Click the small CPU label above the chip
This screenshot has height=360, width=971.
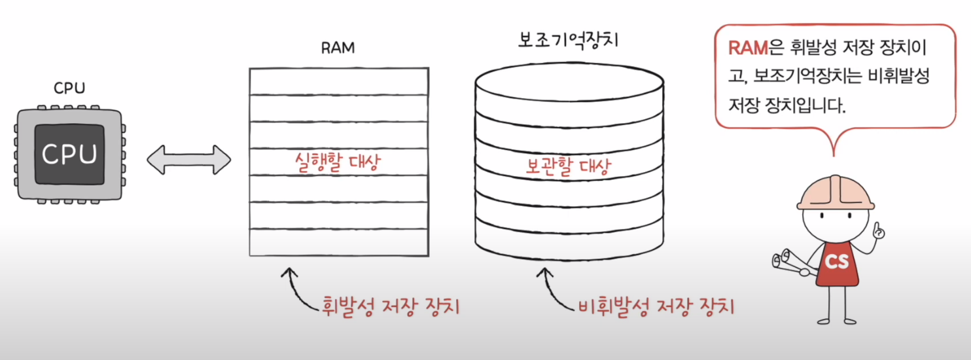(x=69, y=88)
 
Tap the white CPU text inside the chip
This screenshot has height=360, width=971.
(x=69, y=154)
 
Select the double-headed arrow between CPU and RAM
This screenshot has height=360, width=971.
(x=189, y=159)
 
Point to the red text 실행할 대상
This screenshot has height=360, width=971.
(x=338, y=162)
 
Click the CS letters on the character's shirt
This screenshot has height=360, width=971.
(x=836, y=262)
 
